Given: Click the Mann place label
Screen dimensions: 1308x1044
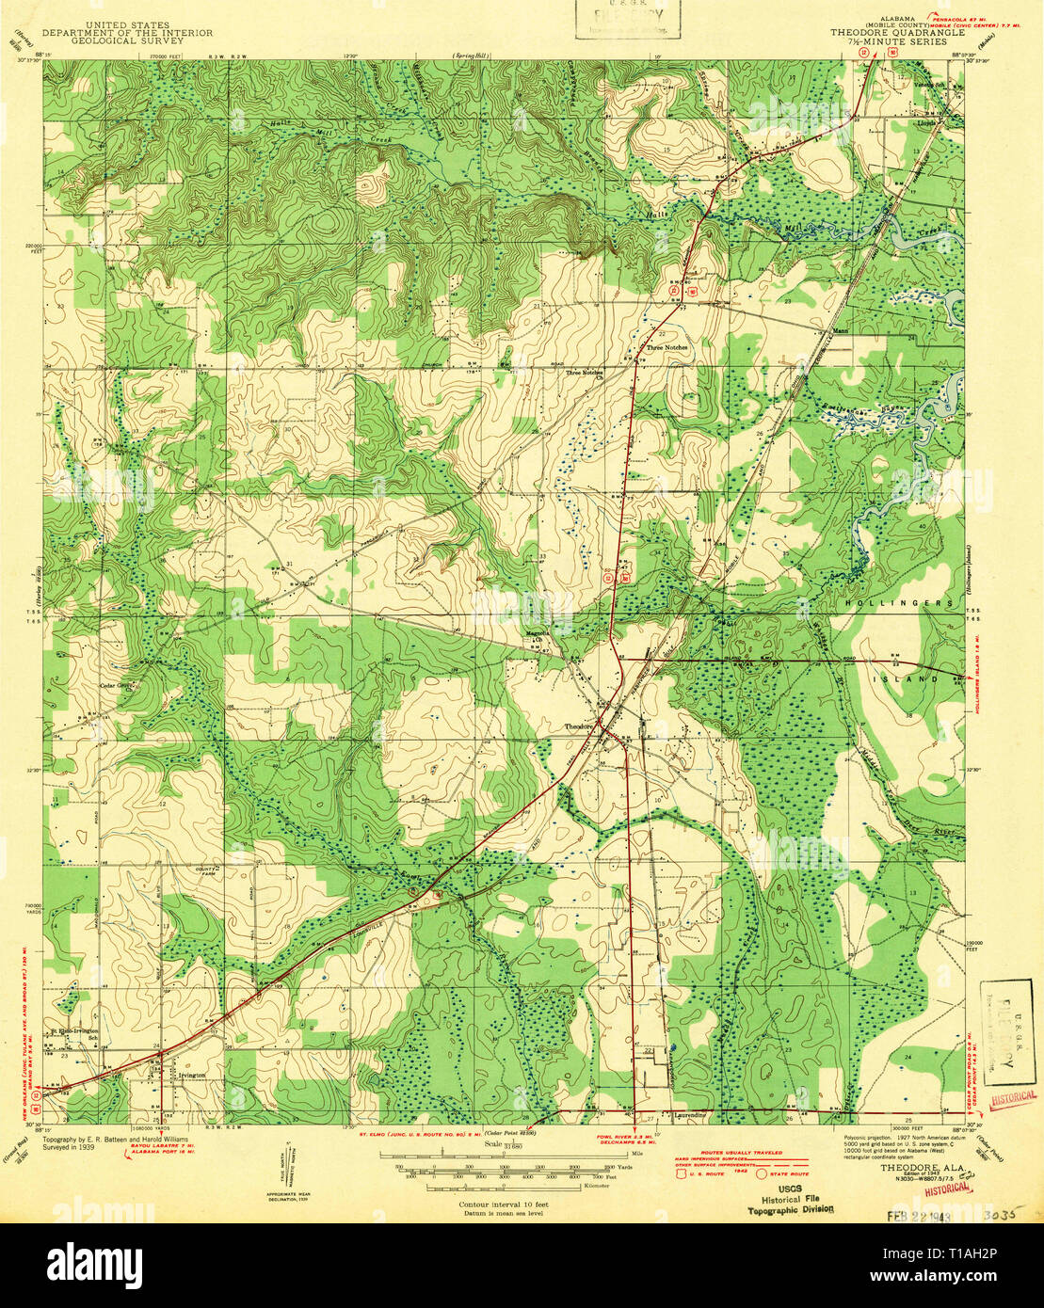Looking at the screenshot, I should coord(841,331).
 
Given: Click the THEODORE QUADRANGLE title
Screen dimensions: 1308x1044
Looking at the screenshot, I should coord(896,31).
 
